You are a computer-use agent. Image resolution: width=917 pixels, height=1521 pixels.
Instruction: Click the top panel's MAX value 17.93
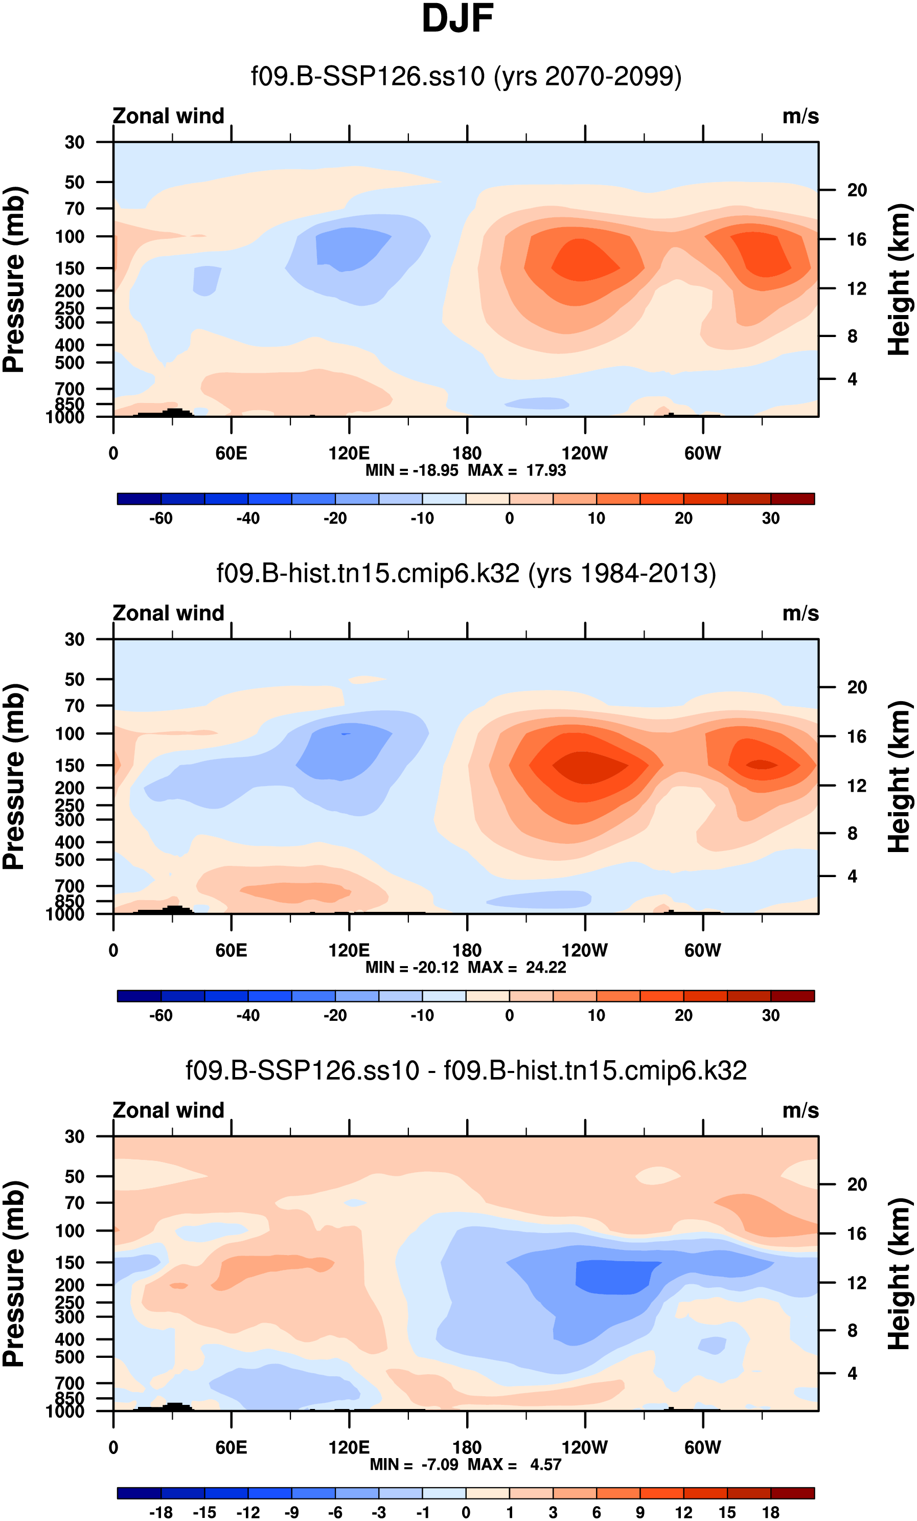click(x=545, y=471)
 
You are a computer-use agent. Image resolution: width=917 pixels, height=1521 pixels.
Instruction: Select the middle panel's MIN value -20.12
click(x=435, y=967)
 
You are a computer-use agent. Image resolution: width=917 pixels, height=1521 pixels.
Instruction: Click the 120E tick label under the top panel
click(x=349, y=454)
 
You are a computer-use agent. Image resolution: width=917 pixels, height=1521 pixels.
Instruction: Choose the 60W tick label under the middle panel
click(x=702, y=951)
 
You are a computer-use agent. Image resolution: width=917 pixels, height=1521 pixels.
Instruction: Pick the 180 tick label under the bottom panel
click(x=467, y=1447)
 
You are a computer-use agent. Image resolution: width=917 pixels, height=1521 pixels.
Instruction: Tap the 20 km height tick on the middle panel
click(x=857, y=687)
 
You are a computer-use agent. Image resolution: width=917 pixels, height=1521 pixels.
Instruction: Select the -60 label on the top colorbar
click(x=161, y=519)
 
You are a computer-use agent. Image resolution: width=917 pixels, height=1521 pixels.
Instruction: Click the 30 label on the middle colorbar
click(x=770, y=1015)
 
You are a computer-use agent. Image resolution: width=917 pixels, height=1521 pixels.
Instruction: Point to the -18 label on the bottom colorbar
click(x=161, y=1512)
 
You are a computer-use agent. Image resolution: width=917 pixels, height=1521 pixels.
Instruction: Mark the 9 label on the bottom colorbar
click(x=640, y=1512)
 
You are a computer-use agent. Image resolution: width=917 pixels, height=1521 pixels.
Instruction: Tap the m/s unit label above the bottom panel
click(x=800, y=1110)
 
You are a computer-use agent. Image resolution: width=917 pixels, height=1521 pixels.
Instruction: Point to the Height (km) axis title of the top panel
click(x=899, y=279)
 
